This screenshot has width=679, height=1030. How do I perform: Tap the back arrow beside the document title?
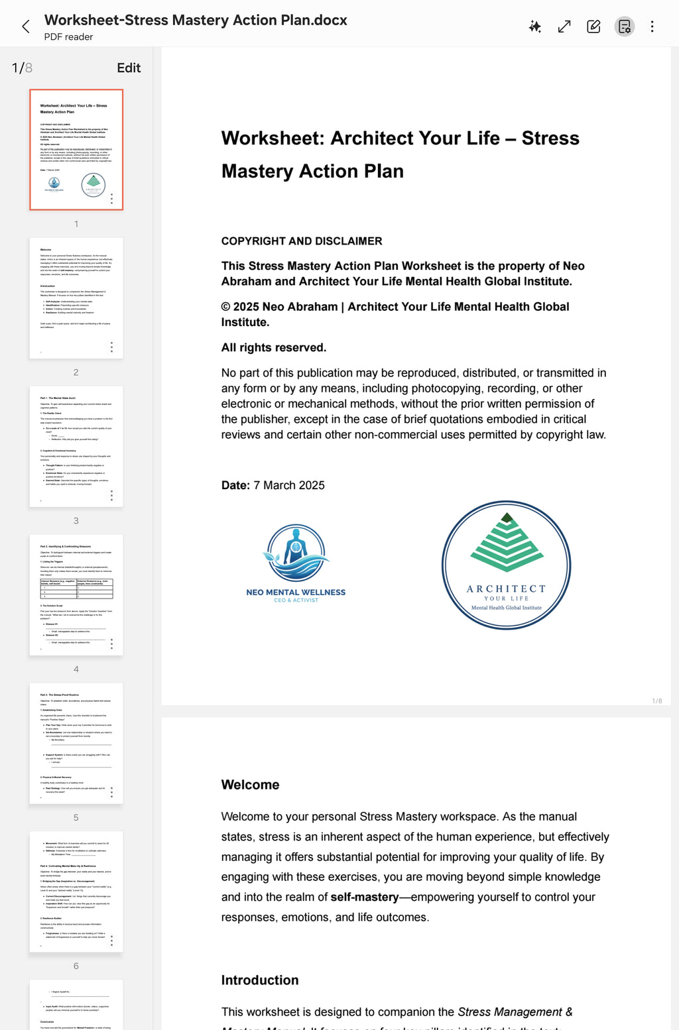pyautogui.click(x=26, y=27)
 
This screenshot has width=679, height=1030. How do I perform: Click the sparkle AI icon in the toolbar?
pyautogui.click(x=535, y=27)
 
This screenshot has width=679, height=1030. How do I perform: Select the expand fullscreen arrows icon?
pyautogui.click(x=564, y=27)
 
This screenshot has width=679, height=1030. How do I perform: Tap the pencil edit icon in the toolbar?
pyautogui.click(x=593, y=27)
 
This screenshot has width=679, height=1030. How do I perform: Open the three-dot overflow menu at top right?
pyautogui.click(x=652, y=27)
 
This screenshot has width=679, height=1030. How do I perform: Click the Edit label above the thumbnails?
pyautogui.click(x=129, y=68)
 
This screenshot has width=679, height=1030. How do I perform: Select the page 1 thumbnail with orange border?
pyautogui.click(x=76, y=150)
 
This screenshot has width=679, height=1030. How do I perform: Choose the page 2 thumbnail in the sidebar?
pyautogui.click(x=76, y=298)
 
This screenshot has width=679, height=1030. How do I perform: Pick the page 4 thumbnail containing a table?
pyautogui.click(x=76, y=595)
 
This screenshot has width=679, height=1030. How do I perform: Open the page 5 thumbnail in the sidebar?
pyautogui.click(x=76, y=743)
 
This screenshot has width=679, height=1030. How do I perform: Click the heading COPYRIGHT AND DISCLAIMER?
pyautogui.click(x=302, y=241)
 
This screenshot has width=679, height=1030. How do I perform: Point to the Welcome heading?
pyautogui.click(x=250, y=785)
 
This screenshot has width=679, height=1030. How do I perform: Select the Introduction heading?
pyautogui.click(x=260, y=980)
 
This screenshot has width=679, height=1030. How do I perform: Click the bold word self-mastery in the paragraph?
pyautogui.click(x=365, y=897)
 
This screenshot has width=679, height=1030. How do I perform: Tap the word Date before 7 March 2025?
pyautogui.click(x=234, y=485)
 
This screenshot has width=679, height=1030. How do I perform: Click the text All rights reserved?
pyautogui.click(x=274, y=347)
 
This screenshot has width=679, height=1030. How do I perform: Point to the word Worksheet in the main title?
pyautogui.click(x=272, y=138)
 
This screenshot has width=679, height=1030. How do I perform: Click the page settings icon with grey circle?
pyautogui.click(x=624, y=27)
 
